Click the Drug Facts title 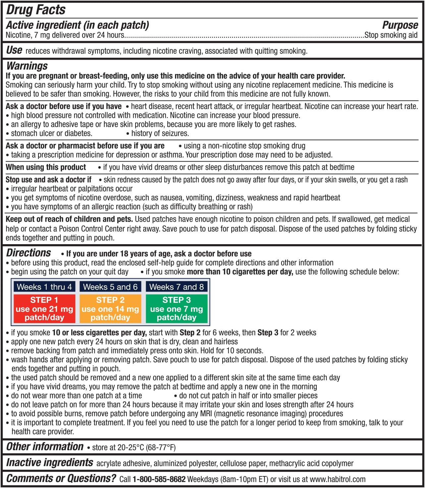tap(36, 10)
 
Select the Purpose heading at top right tap(400, 25)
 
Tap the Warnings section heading tap(27, 66)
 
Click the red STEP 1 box tap(44, 309)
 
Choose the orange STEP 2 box tap(110, 309)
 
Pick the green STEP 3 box tap(176, 309)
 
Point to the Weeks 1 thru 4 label tap(44, 287)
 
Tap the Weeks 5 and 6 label tap(110, 287)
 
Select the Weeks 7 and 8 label tap(176, 287)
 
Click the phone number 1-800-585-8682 tap(159, 479)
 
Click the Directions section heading tap(28, 253)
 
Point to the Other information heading tap(45, 447)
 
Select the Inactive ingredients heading tap(50, 462)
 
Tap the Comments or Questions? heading tap(61, 478)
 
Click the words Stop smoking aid tap(391, 35)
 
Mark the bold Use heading tap(14, 50)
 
